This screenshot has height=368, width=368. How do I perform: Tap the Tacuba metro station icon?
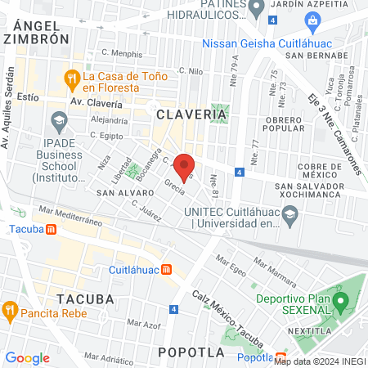pos(52,229)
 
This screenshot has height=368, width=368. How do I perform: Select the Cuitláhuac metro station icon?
pos(166,269)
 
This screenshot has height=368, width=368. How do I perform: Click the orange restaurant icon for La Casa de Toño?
pos(71,78)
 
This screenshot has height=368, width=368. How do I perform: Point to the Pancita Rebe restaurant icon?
pos(10,310)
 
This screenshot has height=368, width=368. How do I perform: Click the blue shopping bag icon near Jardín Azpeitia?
pos(312,20)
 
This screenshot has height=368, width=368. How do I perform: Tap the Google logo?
pos(27,357)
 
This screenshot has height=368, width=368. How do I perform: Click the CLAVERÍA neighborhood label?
pos(191,115)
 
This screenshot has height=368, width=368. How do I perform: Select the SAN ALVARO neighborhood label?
pos(120,193)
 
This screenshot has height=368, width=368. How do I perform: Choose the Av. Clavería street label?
pos(96,103)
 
